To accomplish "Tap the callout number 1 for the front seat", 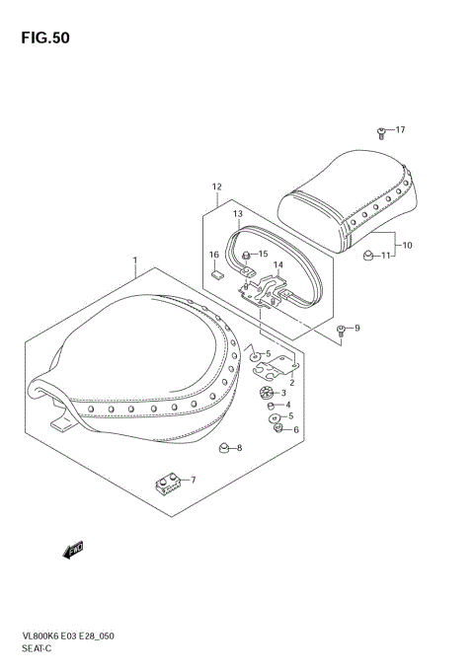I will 134,262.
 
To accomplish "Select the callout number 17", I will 400,130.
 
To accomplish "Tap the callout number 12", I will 216,187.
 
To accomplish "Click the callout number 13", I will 238,214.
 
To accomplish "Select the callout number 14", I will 278,264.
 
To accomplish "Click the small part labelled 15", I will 250,256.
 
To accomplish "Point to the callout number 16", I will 214,256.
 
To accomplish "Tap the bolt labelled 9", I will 341,329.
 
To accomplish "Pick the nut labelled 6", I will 280,428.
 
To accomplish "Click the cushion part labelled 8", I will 225,449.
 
